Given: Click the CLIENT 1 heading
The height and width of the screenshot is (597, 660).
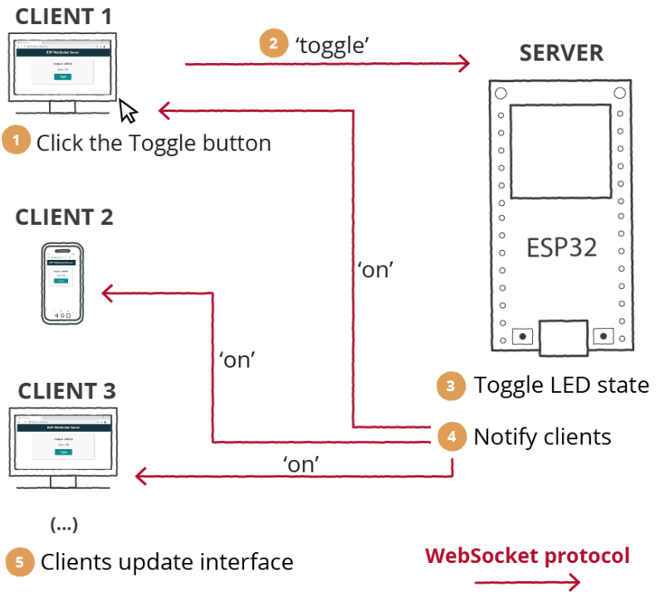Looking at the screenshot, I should (x=64, y=16).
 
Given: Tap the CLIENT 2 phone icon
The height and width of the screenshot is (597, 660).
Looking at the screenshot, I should (x=63, y=284).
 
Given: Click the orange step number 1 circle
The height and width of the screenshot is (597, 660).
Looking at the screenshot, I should (x=16, y=141).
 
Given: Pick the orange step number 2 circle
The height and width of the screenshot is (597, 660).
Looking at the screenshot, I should (x=273, y=44).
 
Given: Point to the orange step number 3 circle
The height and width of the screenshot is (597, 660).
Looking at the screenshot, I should (x=451, y=385).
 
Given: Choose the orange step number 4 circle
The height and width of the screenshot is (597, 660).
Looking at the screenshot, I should (x=451, y=436).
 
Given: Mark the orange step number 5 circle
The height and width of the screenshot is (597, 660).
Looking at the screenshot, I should (x=19, y=562).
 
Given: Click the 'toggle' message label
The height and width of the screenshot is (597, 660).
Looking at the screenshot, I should (x=332, y=44).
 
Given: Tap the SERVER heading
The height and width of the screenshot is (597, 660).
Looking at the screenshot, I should (x=561, y=53).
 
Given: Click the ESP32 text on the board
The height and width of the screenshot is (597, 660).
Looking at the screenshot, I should (x=562, y=247).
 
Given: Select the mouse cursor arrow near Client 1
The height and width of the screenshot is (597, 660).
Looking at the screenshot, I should (x=128, y=110).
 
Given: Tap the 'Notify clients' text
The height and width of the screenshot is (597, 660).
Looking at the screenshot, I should (x=542, y=437).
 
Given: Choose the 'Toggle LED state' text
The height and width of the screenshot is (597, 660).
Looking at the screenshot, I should (x=561, y=385).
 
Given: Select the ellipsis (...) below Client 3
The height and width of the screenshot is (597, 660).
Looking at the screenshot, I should (x=63, y=525).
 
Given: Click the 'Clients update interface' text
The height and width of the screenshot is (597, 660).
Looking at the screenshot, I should (x=167, y=562).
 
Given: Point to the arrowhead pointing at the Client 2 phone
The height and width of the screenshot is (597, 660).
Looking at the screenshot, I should (x=107, y=292).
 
